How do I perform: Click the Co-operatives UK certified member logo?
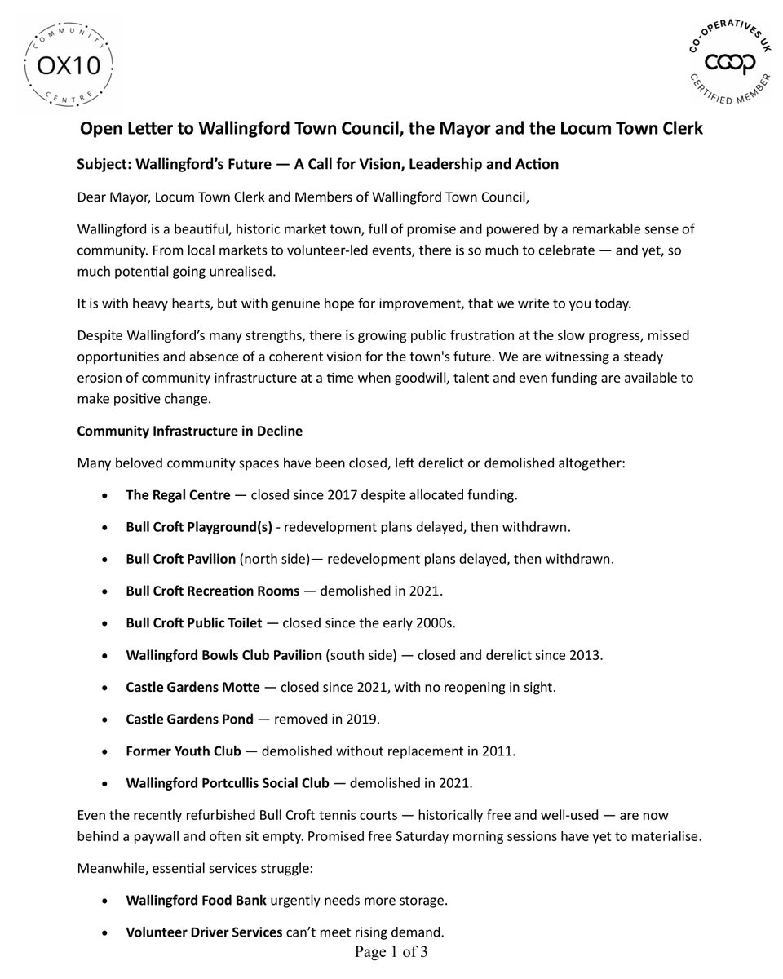720,63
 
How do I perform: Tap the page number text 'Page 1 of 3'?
391,952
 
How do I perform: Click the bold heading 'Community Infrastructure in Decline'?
189,431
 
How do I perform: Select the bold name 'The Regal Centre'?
178,495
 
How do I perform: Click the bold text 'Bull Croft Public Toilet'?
194,623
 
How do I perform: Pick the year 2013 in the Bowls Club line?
586,655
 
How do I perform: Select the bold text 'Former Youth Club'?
184,751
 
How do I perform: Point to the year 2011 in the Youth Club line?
498,751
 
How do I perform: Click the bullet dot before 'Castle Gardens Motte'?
104,689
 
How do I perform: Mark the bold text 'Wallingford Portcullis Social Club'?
228,783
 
